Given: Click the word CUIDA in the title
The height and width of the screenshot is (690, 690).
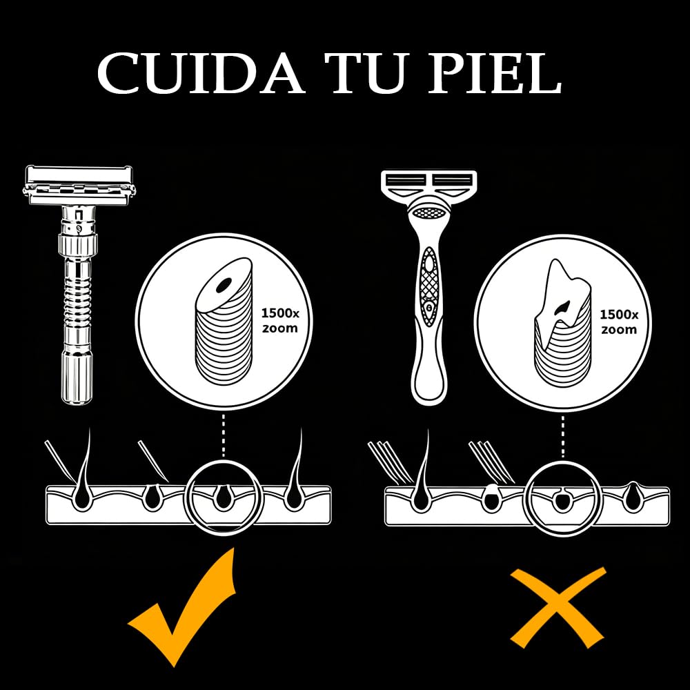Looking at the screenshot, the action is click(201, 73).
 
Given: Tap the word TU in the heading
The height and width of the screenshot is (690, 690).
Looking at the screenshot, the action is click(367, 74).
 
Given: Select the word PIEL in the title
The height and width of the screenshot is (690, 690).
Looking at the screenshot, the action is click(495, 74).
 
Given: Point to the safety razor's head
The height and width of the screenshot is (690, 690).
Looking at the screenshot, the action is click(79, 186).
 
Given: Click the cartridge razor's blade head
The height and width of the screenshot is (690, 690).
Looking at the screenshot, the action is click(428, 184).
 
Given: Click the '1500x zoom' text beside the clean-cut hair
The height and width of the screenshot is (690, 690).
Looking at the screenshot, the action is click(280, 321).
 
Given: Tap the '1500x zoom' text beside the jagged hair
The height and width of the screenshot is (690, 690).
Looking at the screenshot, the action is click(619, 322).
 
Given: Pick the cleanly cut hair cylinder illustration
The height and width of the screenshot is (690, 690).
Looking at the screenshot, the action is click(224, 321).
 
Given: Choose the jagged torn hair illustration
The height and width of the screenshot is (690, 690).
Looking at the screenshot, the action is click(562, 324).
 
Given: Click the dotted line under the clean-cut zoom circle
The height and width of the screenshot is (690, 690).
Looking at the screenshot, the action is click(224, 435).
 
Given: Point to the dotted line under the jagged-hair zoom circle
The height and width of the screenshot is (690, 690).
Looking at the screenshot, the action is click(563, 437).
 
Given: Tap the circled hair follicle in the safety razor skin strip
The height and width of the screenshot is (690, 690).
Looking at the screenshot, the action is click(221, 497).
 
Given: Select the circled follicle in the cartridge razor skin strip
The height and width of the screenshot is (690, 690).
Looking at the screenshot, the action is click(560, 499).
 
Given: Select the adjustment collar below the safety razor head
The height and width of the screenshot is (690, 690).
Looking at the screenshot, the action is click(77, 242).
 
